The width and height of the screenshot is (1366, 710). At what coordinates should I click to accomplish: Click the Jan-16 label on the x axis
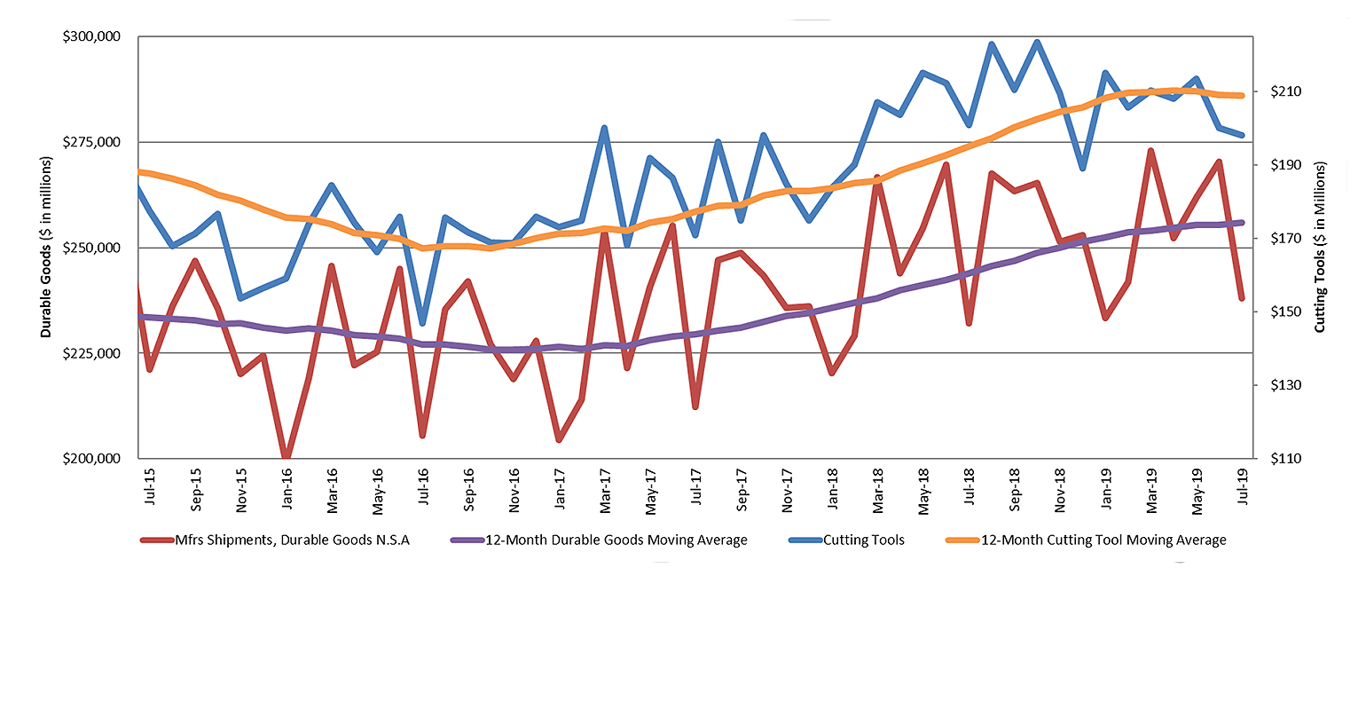[287, 487]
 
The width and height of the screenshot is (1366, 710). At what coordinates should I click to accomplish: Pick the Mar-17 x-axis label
[605, 487]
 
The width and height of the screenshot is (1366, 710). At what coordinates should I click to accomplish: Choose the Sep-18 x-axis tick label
[1015, 487]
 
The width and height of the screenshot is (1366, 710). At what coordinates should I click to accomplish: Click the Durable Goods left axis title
[46, 247]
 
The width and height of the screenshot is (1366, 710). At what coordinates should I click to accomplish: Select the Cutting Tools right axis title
[1320, 247]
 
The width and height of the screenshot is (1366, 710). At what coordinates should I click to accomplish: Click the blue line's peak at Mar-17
[604, 129]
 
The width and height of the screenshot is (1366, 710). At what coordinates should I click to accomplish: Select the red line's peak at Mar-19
[1150, 152]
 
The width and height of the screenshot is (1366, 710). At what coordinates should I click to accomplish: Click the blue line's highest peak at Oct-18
[1037, 43]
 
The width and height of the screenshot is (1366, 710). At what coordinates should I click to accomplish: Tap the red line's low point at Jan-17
[559, 439]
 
